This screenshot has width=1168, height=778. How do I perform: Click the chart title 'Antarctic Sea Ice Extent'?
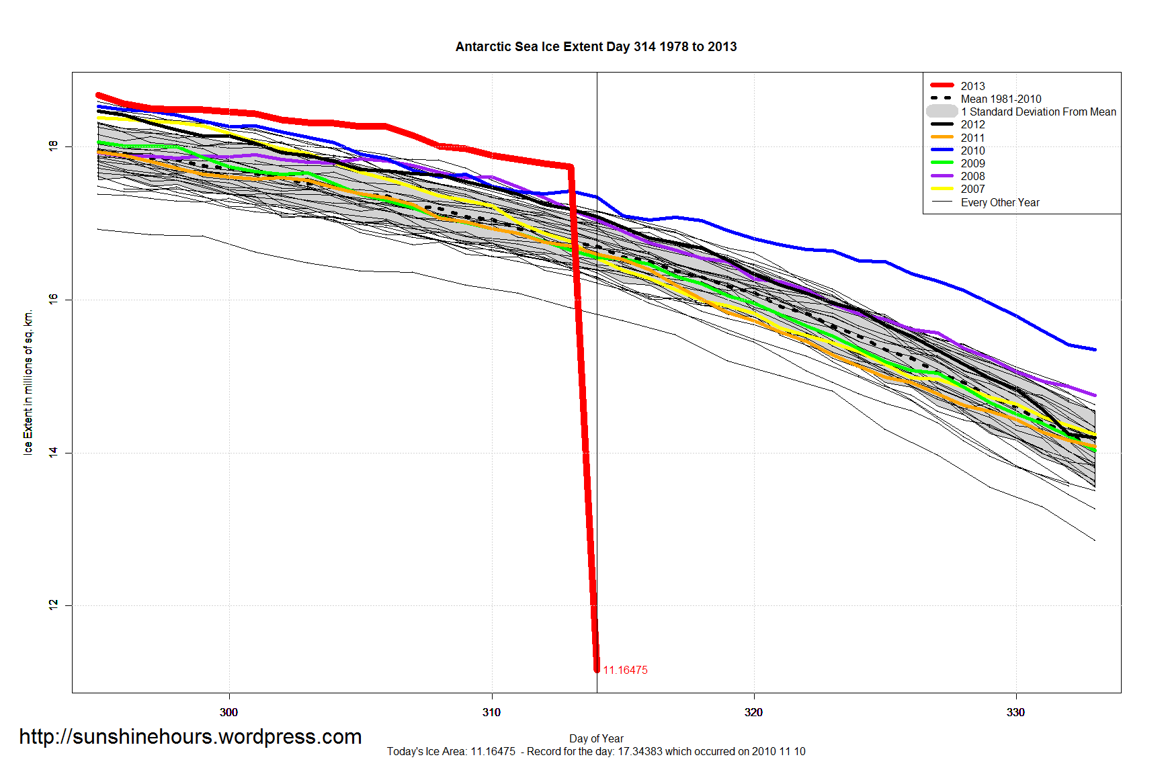595,46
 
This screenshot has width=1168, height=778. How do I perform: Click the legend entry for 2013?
972,86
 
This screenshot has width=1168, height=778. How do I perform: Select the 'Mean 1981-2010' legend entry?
1001,99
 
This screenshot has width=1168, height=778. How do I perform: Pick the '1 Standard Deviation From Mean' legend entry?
1038,112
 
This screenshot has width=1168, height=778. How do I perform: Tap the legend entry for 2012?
972,124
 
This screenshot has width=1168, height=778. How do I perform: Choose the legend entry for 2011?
972,138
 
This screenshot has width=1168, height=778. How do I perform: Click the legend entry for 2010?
972,150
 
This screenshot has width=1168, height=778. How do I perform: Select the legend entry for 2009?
972,163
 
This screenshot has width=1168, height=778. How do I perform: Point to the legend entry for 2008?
972,176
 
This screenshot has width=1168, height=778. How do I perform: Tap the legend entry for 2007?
972,189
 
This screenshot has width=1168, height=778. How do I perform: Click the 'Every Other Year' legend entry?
999,202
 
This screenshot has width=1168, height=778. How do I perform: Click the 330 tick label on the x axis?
1015,712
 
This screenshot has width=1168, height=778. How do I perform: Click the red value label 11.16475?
625,670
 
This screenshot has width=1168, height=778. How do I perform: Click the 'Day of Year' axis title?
596,738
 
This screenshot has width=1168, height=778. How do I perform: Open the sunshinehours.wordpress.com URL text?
190,736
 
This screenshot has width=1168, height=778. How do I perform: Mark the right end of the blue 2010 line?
1095,349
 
